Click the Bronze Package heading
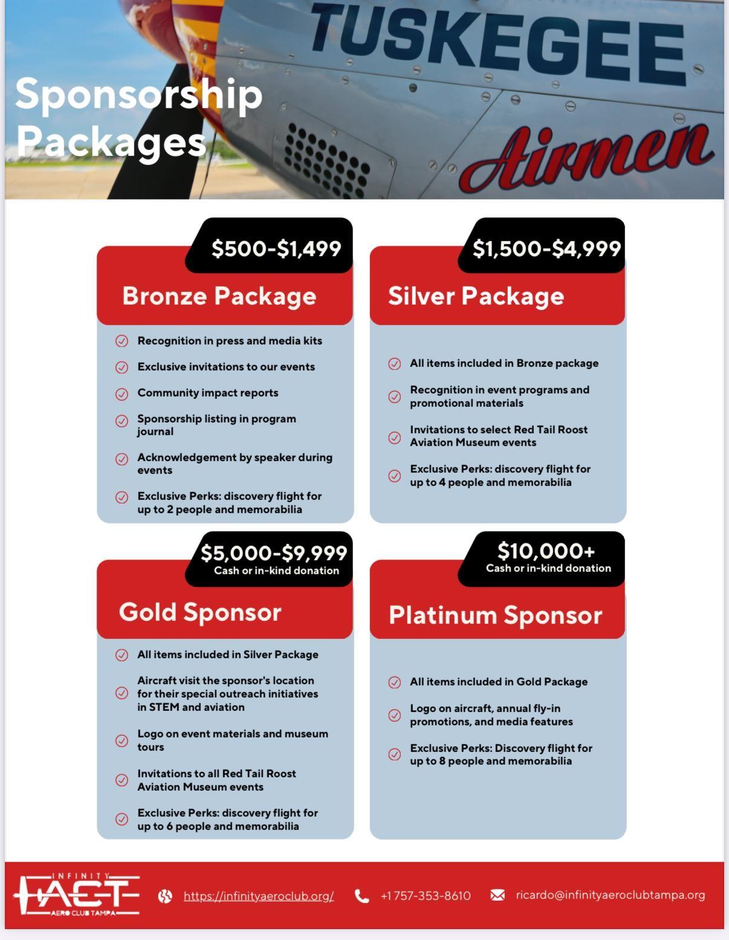(219, 296)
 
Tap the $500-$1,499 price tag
(276, 248)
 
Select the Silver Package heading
(476, 296)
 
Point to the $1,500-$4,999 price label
(546, 248)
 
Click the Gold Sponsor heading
(200, 612)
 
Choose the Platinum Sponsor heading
(495, 615)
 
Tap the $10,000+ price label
(546, 551)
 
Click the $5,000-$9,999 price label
(274, 553)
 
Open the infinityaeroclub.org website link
(259, 896)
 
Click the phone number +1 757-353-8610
(426, 896)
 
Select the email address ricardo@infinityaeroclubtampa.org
(611, 895)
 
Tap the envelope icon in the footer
(497, 895)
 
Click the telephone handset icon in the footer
(361, 896)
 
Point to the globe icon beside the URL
(165, 896)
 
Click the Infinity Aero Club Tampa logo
(77, 895)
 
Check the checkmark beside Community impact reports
(121, 394)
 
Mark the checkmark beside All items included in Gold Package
(394, 682)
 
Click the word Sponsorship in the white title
(139, 94)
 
